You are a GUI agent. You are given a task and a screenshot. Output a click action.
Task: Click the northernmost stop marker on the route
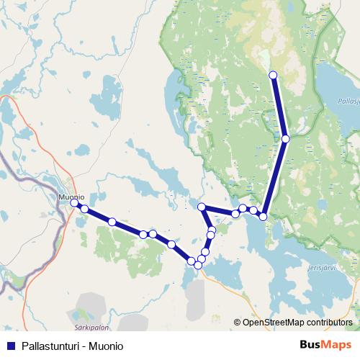point(273,75)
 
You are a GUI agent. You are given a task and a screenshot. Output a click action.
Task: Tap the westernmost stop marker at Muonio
point(74,204)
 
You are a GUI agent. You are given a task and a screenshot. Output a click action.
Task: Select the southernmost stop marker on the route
point(198,266)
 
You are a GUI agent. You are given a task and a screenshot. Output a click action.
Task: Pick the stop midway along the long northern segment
point(286,138)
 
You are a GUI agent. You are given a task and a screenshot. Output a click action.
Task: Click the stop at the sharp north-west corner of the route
point(202,207)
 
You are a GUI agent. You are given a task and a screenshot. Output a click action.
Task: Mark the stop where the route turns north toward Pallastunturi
point(264,216)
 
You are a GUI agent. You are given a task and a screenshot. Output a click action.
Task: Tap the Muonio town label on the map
point(71,196)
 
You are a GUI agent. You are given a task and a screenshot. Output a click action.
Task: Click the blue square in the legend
point(11,346)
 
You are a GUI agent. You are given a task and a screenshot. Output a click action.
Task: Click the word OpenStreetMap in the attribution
point(274,323)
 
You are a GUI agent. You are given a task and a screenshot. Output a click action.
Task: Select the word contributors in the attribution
point(330,323)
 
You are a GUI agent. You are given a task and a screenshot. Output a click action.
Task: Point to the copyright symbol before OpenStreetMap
point(238,323)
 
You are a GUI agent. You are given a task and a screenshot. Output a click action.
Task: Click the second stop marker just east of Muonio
point(84,209)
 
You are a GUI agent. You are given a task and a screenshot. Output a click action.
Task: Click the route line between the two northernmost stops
point(279,107)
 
